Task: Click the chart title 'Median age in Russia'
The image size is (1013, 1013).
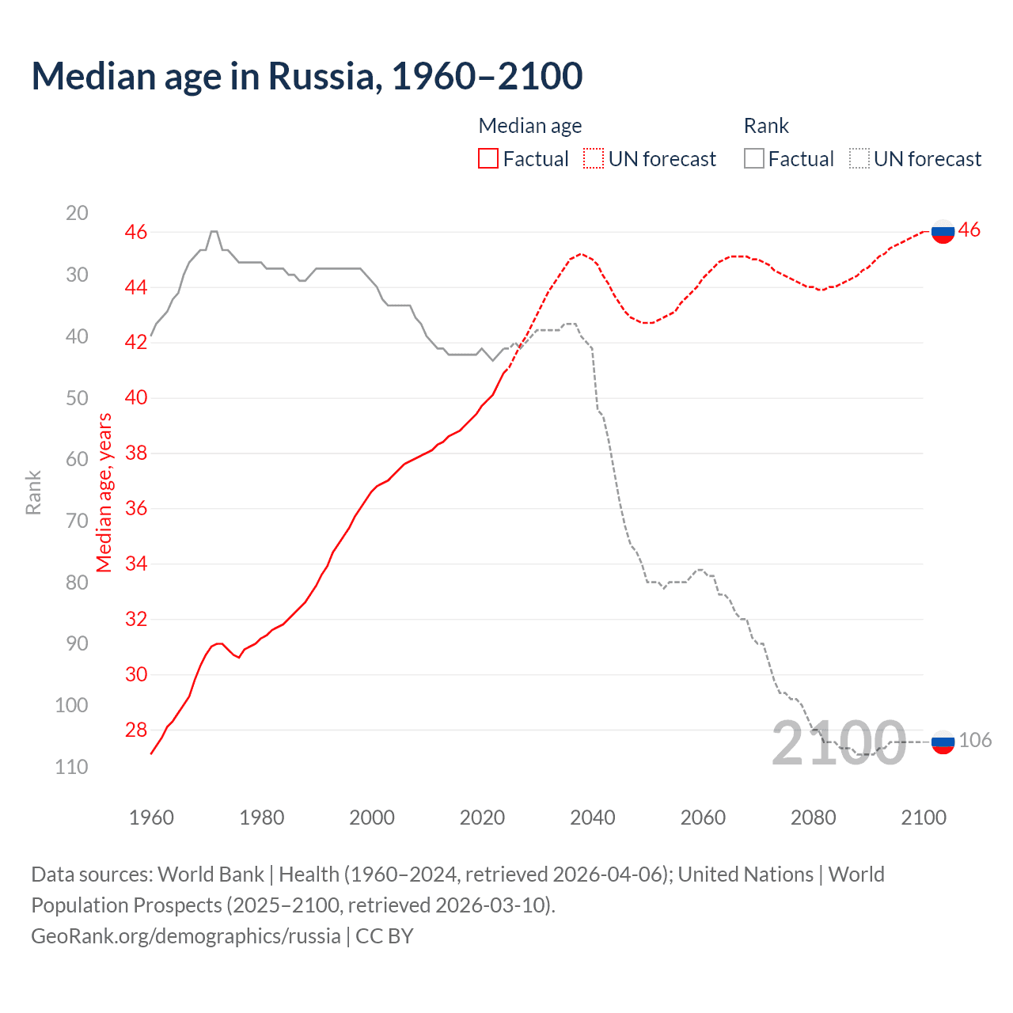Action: click(307, 76)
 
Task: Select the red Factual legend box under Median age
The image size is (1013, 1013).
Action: click(488, 159)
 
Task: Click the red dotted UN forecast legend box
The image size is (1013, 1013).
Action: click(594, 159)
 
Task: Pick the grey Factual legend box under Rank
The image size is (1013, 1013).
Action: click(754, 159)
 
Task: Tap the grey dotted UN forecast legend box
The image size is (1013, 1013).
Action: click(859, 159)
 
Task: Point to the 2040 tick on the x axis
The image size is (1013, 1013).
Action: click(592, 818)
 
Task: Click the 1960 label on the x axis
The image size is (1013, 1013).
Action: click(151, 818)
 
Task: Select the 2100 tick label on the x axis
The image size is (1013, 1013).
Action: click(923, 818)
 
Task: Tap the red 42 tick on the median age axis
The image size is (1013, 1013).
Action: click(136, 343)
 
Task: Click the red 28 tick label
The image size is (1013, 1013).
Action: click(136, 730)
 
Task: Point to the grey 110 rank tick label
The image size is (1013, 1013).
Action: click(71, 767)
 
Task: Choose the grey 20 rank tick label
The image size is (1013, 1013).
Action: click(77, 213)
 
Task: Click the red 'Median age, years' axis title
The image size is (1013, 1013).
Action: click(104, 493)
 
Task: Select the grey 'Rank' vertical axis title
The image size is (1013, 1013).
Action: click(33, 493)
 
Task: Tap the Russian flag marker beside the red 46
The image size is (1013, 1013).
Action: click(943, 232)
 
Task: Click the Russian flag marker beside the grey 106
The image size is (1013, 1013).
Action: click(943, 742)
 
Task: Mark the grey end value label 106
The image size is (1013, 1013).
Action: click(975, 741)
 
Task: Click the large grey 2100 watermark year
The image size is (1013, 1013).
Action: click(838, 744)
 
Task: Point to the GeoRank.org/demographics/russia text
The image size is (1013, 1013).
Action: click(186, 936)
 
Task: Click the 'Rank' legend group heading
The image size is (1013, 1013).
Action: click(766, 126)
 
